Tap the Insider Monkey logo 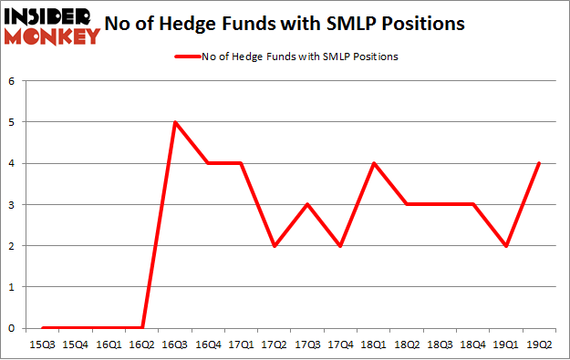click(51, 26)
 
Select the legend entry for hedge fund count click(285, 57)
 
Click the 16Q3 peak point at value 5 click(174, 122)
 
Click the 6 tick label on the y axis click(13, 81)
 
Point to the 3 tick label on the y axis click(13, 205)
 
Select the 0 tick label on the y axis click(13, 328)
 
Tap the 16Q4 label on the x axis click(209, 346)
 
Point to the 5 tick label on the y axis click(13, 122)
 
